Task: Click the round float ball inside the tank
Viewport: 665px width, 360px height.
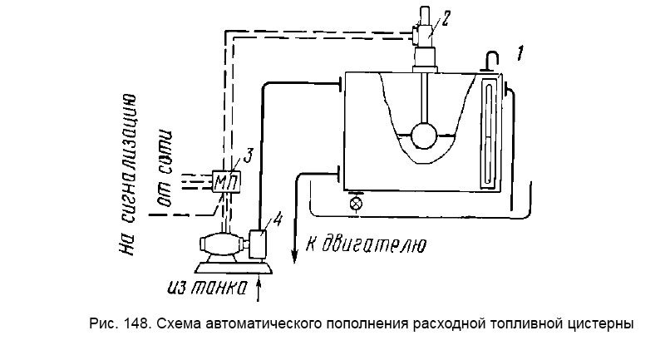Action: (x=426, y=135)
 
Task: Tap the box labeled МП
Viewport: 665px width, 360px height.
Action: (x=223, y=181)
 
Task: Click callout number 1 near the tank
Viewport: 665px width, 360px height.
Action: (x=519, y=57)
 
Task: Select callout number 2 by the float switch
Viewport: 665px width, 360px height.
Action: (x=446, y=19)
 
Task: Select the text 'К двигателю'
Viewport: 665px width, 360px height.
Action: (x=367, y=244)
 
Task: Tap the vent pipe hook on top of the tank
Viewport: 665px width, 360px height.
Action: (x=490, y=58)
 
